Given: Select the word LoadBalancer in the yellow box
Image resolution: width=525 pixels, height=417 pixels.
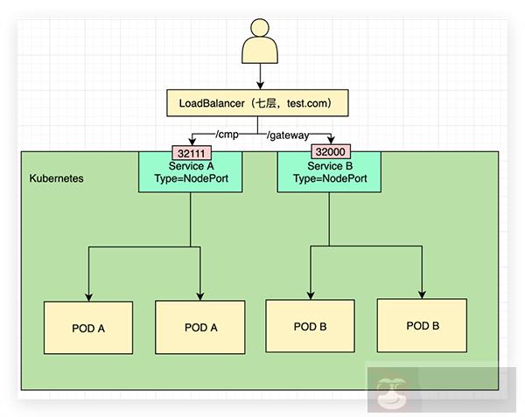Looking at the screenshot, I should click(212, 104).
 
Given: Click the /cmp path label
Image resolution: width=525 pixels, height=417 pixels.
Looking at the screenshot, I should click(228, 135).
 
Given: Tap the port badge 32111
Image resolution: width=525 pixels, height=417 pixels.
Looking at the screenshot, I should click(192, 151).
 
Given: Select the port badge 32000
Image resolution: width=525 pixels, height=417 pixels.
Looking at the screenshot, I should click(329, 151).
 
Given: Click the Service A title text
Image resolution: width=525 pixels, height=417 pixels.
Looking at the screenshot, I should click(190, 165).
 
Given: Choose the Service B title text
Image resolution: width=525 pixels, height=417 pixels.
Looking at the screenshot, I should click(329, 165).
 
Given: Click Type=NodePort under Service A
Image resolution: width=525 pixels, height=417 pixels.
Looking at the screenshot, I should click(191, 178).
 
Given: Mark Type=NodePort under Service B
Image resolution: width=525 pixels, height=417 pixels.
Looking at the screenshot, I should click(329, 178).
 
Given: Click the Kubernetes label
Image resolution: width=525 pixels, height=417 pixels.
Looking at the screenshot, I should click(57, 177).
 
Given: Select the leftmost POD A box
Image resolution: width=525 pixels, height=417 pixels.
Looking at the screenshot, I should click(88, 328).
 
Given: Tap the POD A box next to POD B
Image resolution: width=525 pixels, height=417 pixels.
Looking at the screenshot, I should click(200, 328).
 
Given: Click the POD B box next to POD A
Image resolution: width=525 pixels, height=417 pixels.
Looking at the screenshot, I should click(311, 327).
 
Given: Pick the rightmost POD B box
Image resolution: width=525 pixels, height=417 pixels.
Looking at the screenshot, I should click(423, 325).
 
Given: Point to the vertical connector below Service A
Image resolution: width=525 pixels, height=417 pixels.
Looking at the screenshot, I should click(191, 219).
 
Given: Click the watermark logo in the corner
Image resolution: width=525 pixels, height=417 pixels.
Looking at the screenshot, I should click(385, 390).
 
